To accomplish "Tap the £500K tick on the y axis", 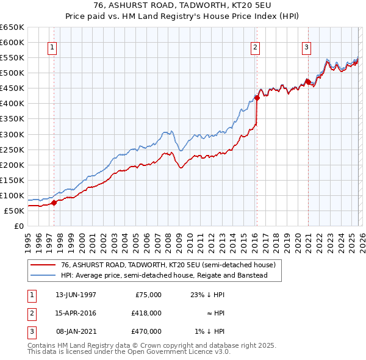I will [12, 73].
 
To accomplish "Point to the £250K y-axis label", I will [12, 149].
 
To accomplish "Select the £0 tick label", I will [18, 226].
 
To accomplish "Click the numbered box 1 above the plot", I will [53, 48].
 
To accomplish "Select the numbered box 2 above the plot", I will [254, 48].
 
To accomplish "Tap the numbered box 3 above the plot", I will [306, 48].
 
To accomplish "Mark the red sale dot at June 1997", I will [54, 203].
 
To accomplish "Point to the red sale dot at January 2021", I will [308, 82].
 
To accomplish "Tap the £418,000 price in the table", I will [146, 314].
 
